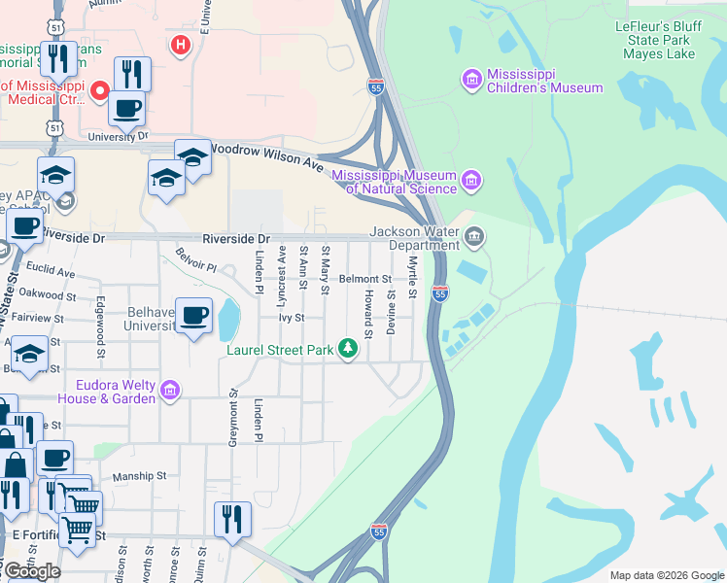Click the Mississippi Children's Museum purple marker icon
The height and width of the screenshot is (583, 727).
pyautogui.click(x=471, y=79)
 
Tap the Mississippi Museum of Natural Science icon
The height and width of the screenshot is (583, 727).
pyautogui.click(x=471, y=179)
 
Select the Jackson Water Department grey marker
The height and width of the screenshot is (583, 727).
pyautogui.click(x=473, y=235)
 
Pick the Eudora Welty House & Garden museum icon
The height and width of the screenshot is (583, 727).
pyautogui.click(x=170, y=391)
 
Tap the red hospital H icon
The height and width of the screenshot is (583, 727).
pyautogui.click(x=179, y=45)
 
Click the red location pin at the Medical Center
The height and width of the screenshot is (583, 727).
pyautogui.click(x=99, y=91)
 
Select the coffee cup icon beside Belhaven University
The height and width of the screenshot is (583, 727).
pyautogui.click(x=193, y=315)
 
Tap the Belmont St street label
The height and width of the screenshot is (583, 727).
pyautogui.click(x=364, y=279)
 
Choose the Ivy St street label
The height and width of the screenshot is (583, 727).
pyautogui.click(x=292, y=318)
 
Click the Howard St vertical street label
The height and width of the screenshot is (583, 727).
pyautogui.click(x=368, y=313)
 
